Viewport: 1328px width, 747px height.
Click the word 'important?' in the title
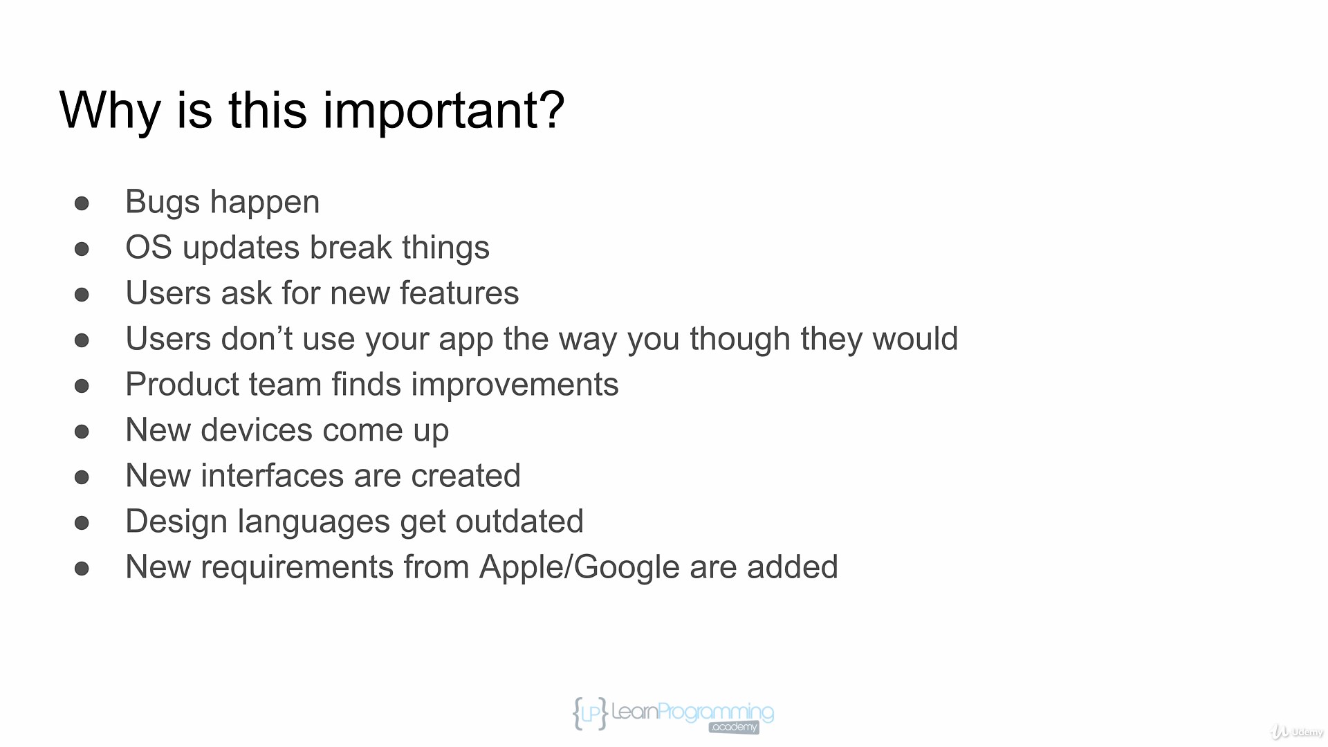click(443, 111)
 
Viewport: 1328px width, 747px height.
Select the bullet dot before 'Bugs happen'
click(82, 203)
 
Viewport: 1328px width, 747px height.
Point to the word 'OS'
click(149, 248)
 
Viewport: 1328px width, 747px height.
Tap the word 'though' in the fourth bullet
click(740, 340)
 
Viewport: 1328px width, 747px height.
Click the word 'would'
click(915, 339)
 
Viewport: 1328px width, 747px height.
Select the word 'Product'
click(183, 385)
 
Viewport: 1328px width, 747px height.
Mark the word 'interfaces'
click(273, 476)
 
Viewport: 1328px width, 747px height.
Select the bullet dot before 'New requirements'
click(82, 569)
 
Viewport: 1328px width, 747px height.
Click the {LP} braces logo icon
click(590, 714)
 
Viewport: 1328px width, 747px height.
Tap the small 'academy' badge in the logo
click(734, 727)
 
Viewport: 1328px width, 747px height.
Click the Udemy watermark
click(1297, 732)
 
